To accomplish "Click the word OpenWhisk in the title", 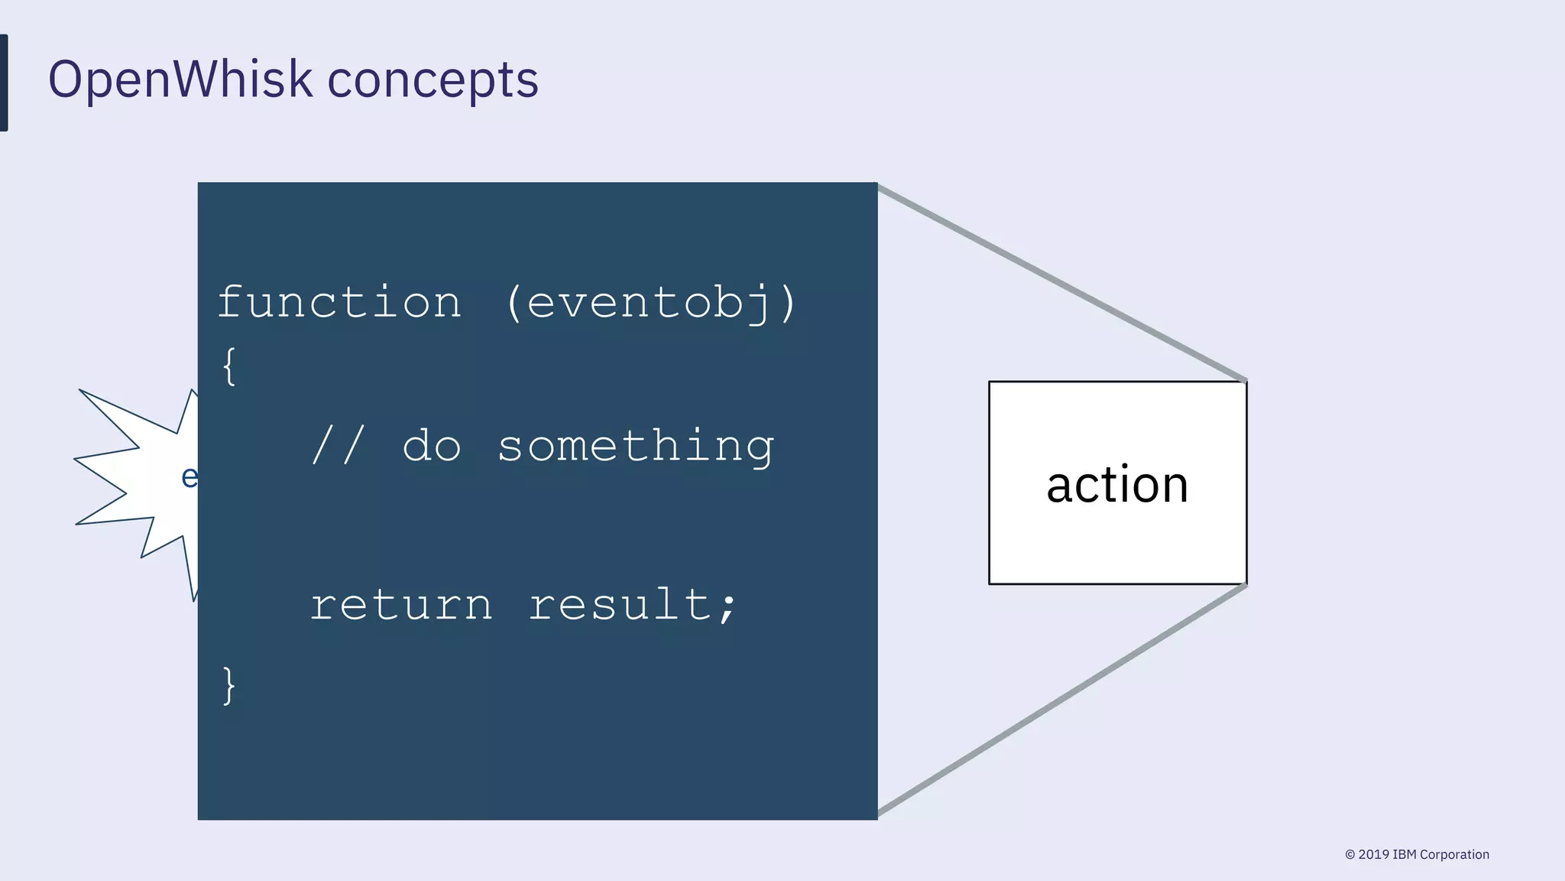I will coord(180,80).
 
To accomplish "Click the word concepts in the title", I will coord(433,80).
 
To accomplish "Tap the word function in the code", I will coord(339,302).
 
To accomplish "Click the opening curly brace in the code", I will coord(228,366).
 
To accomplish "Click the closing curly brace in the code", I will coord(228,685).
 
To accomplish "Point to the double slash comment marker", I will coord(338,445).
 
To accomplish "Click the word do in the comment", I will coord(431,447).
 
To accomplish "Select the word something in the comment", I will coord(636,447).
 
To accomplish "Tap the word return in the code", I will coord(401,606).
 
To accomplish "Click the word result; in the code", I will coord(633,606).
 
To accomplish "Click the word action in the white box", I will coord(1116,485).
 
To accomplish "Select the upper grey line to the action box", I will coord(1062,283).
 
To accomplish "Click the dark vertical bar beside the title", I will coord(4,83).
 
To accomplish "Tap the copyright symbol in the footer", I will coord(1350,855).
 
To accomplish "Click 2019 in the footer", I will coord(1373,855).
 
